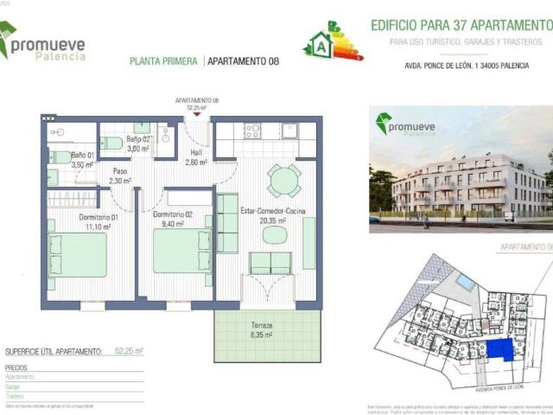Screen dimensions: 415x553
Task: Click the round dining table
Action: pos(283,180)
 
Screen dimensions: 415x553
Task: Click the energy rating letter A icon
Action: pos(322,41)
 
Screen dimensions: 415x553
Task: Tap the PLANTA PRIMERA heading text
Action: pos(162,61)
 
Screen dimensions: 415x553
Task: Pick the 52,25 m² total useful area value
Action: pos(129,352)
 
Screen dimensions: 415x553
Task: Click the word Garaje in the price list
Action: pos(15,387)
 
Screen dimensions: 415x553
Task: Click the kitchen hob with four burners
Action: pos(252,131)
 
